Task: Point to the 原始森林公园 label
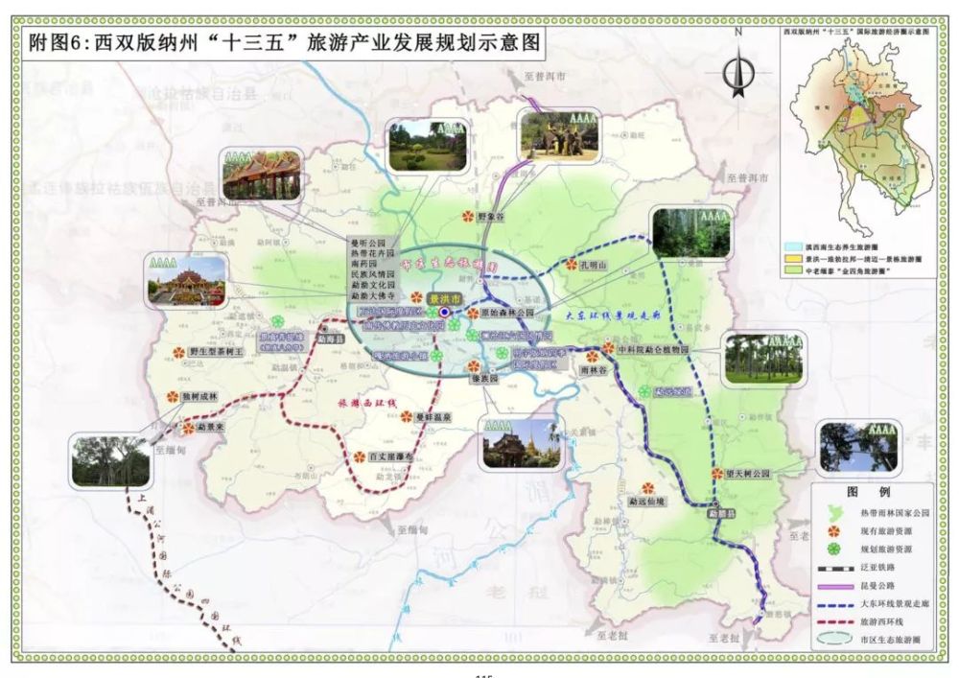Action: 508,313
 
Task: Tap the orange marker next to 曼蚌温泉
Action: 408,416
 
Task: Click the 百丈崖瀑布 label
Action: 391,457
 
